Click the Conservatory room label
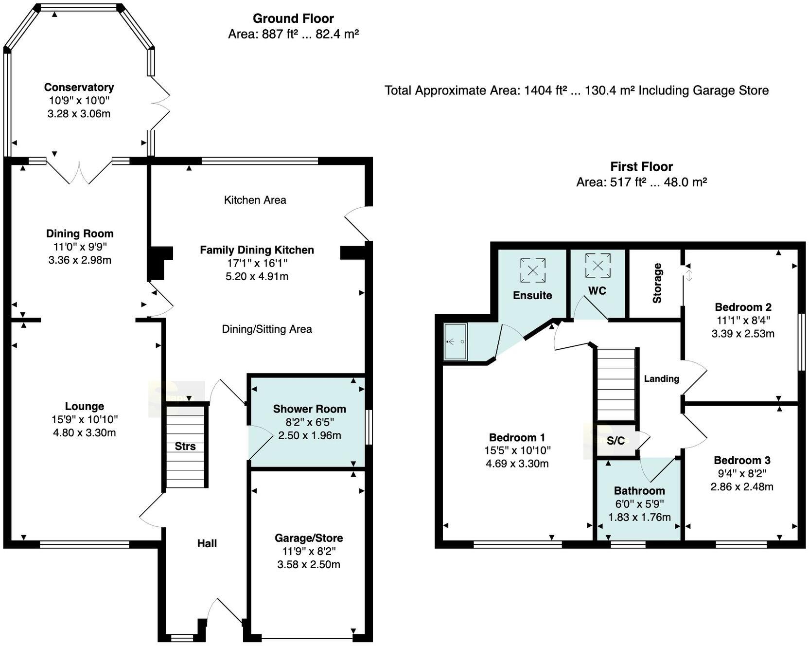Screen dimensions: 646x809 [x=79, y=87]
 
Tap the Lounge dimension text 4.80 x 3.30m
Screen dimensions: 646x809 [x=84, y=432]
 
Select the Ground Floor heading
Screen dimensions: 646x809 [x=293, y=18]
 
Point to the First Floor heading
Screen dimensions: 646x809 [x=641, y=166]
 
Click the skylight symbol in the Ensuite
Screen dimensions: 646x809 [x=532, y=270]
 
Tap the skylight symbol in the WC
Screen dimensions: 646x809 [x=598, y=266]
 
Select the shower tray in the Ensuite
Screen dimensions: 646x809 [x=455, y=342]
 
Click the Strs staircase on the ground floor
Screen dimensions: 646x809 [x=185, y=447]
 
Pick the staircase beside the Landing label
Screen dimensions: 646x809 [x=616, y=384]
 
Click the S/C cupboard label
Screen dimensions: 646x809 [x=616, y=441]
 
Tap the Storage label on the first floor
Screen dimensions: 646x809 [x=657, y=283]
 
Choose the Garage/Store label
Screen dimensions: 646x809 [x=309, y=538]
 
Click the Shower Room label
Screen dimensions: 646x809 [x=309, y=409]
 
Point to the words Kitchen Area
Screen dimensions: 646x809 [x=255, y=200]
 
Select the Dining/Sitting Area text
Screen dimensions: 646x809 [x=267, y=329]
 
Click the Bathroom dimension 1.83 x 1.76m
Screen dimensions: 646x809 [x=639, y=517]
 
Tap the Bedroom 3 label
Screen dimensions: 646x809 [x=742, y=460]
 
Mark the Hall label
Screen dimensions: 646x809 [x=207, y=543]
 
